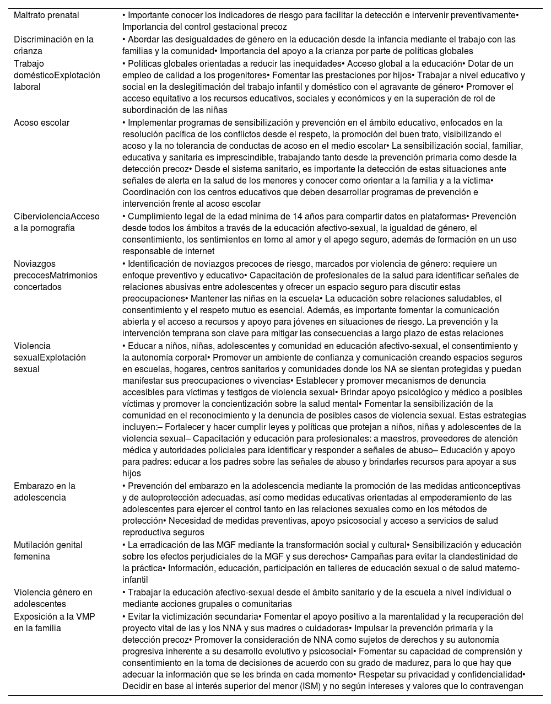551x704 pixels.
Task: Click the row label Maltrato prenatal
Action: [46, 15]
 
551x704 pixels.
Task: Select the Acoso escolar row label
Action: [41, 123]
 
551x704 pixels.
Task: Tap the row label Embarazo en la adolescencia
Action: [44, 492]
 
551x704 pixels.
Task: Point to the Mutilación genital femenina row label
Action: [48, 551]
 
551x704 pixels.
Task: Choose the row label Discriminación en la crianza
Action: [53, 45]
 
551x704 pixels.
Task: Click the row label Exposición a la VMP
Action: [54, 622]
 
